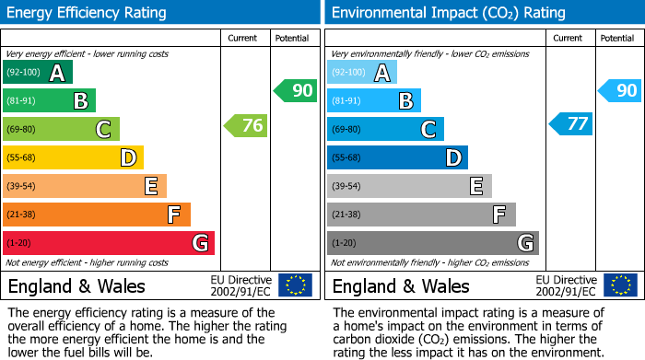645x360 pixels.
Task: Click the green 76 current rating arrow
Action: click(246, 125)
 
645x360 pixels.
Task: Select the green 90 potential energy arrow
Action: click(295, 90)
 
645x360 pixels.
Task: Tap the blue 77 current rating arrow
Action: click(570, 123)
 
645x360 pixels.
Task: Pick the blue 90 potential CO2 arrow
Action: click(619, 90)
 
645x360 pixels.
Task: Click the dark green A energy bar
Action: click(38, 73)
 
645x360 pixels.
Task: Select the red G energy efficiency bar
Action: click(109, 243)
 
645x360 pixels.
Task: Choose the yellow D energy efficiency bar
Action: click(73, 158)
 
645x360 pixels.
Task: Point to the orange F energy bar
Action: click(97, 215)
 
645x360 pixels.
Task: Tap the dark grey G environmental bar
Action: click(432, 243)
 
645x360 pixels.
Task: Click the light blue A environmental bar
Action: click(362, 73)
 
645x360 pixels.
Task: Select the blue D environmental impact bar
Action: click(397, 158)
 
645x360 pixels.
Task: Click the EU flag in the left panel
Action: click(295, 285)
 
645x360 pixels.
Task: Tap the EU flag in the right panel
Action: click(619, 285)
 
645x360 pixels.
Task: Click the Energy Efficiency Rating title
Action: click(88, 13)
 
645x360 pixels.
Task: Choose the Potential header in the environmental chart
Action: click(617, 38)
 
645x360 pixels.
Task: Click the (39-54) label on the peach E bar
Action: click(21, 187)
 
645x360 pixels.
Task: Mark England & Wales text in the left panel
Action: click(76, 285)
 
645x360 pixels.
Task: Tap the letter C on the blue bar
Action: click(428, 130)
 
